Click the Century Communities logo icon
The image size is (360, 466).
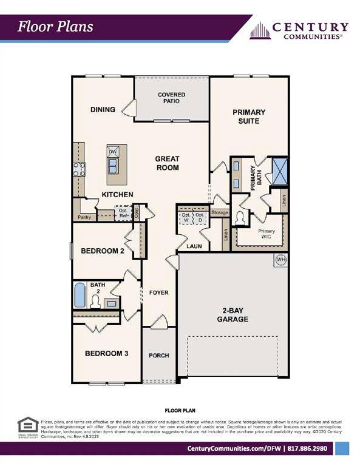pos(259,30)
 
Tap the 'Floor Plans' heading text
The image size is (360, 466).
pos(55,26)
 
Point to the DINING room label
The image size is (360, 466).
pos(103,110)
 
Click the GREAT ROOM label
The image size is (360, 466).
pos(166,163)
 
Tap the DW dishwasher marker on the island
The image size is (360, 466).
pos(112,152)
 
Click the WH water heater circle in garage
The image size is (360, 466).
pos(280,260)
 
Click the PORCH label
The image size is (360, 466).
pos(158,356)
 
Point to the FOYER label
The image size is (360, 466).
pos(158,293)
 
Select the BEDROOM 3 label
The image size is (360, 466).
pos(106,354)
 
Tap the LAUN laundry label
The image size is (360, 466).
pos(193,246)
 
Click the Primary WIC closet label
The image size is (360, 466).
pos(266,234)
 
